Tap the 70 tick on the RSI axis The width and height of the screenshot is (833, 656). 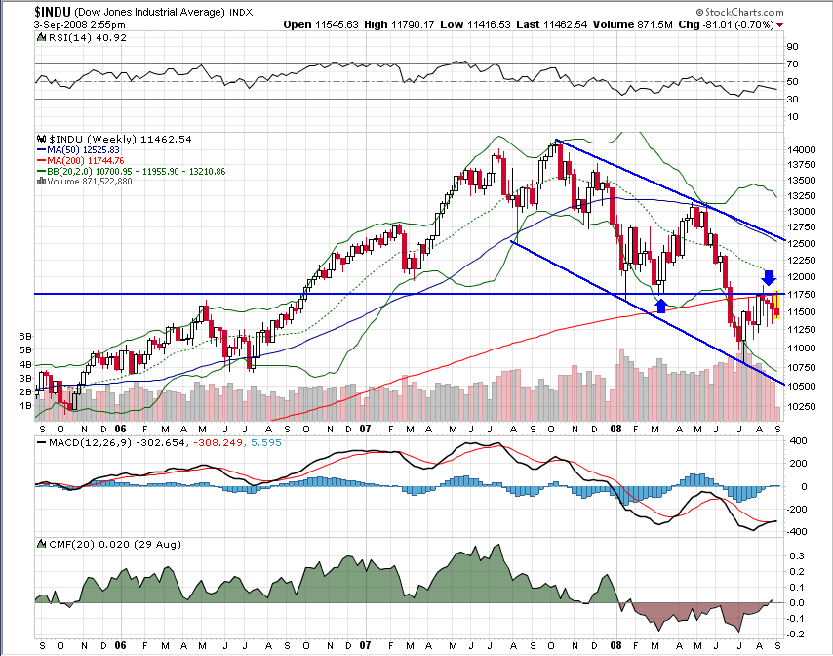point(793,64)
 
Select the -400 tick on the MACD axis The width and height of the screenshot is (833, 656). point(797,532)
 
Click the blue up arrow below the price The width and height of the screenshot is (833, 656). point(661,306)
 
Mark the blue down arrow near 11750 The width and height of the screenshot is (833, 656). point(769,277)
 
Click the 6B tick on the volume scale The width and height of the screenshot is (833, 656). point(24,335)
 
